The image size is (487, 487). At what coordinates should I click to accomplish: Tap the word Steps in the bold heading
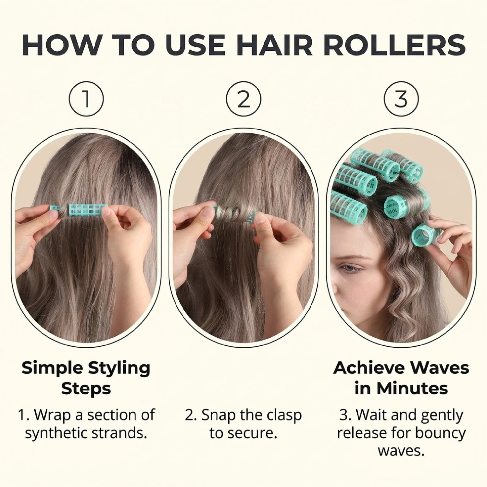(86, 388)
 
